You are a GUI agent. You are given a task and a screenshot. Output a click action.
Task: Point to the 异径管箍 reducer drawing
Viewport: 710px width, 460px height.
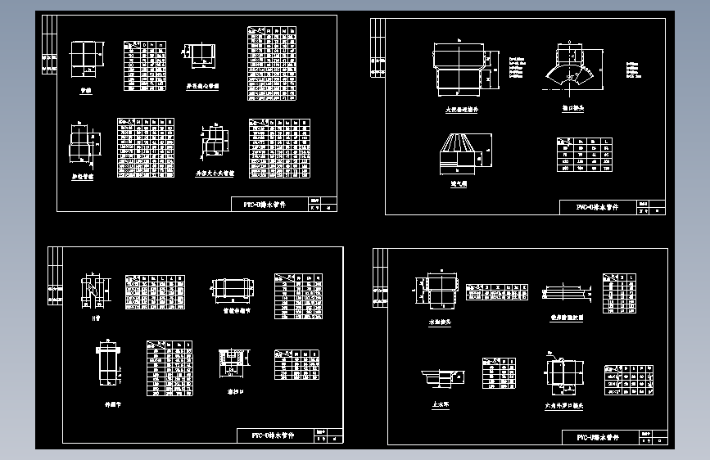[x=80, y=144]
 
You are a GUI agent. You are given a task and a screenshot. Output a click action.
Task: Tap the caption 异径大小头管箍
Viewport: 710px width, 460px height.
[x=215, y=174]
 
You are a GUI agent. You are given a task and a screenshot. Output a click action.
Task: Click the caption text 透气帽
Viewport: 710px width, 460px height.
[x=463, y=184]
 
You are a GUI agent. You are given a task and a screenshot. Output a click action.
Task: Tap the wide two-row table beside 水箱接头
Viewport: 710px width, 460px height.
[x=496, y=292]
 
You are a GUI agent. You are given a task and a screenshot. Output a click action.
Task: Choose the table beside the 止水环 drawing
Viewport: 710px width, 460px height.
[x=499, y=373]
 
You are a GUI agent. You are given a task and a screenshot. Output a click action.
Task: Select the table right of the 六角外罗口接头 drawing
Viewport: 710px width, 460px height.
[x=628, y=379]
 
